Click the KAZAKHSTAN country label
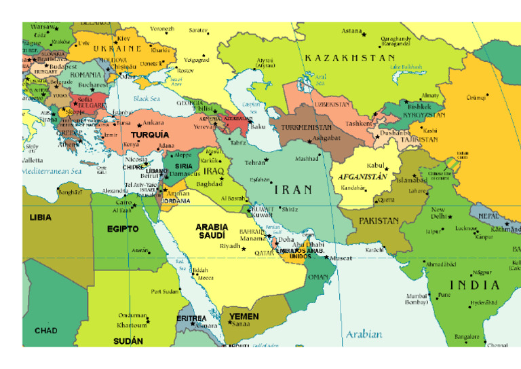(349, 58)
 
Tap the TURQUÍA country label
(150, 135)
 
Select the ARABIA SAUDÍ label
(212, 231)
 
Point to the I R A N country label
(293, 190)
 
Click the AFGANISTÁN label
(362, 177)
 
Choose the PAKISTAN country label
(379, 221)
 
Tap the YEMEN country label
(244, 317)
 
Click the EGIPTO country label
(123, 229)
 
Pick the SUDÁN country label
(128, 340)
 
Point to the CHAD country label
(45, 331)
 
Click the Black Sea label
(147, 99)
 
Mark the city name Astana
(351, 31)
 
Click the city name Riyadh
(230, 246)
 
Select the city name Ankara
(153, 123)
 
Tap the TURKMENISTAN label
(307, 127)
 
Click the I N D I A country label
(475, 285)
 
